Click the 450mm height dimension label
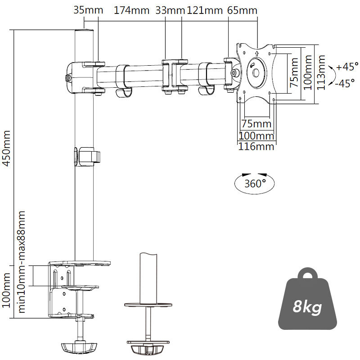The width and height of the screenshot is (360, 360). coord(7,149)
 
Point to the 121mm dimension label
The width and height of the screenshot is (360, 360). coord(202,10)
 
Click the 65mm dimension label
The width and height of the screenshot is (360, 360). coord(242,10)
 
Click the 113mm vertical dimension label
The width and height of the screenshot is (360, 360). coord(321,72)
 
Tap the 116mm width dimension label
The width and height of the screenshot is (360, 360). coord(256,146)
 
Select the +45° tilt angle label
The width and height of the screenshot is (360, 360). coord(347,67)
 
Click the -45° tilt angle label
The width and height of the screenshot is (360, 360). coord(347,83)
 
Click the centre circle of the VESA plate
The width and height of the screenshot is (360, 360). coord(256,72)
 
